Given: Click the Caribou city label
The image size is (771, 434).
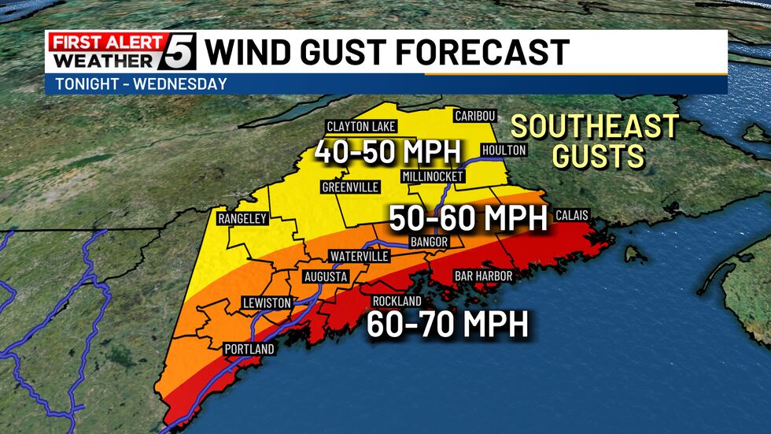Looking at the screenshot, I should tap(475, 116).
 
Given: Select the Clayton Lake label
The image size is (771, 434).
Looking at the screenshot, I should tap(362, 127).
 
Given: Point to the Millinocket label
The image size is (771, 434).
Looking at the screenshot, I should tap(432, 176).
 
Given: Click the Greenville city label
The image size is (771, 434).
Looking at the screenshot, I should tap(350, 187).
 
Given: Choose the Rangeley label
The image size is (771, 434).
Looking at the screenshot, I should tap(243, 218).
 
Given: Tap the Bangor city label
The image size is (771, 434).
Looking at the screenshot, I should tap(429, 241).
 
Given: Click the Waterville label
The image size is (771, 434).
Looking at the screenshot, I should tap(359, 257).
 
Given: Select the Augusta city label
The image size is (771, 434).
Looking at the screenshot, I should tap(326, 277).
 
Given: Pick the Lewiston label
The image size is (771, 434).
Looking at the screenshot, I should tap(267, 302).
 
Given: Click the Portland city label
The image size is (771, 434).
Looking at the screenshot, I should tap(249, 348).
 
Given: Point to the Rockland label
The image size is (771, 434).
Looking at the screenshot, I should tap(397, 301).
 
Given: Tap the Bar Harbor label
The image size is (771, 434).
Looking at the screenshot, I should tap(483, 276).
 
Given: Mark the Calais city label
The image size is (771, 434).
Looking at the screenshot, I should tap(571, 215).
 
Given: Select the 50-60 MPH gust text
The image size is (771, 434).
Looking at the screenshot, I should tap(467, 218).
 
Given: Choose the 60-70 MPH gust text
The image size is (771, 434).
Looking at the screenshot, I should tap(447, 324).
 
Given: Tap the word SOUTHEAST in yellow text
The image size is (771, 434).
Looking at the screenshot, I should tap(594, 126).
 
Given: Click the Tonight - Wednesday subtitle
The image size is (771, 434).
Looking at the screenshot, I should tap(142, 83).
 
